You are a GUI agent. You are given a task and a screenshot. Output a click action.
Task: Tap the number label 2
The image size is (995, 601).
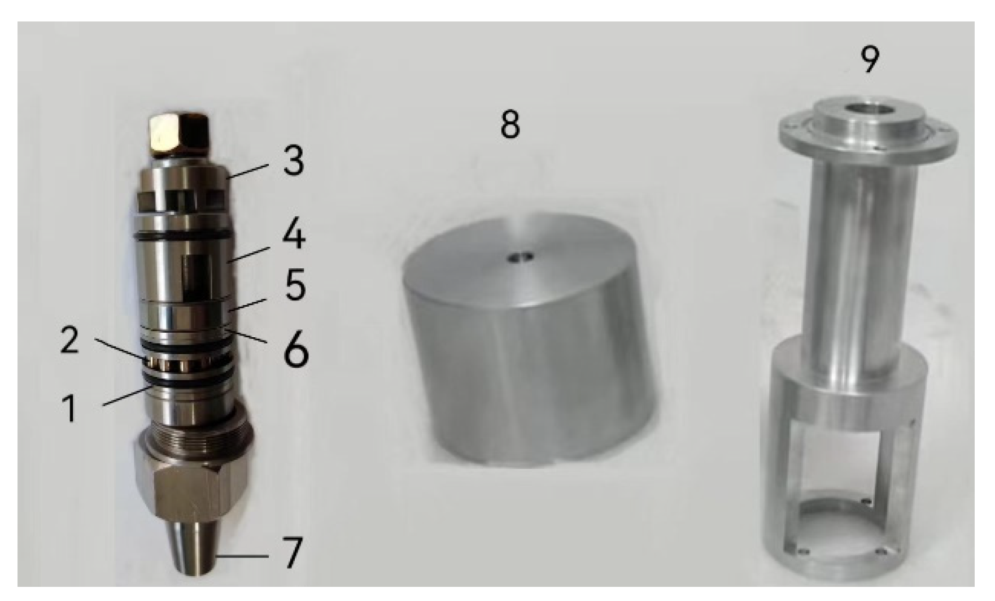click(x=69, y=341)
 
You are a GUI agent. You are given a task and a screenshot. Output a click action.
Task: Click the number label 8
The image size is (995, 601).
click(x=510, y=125)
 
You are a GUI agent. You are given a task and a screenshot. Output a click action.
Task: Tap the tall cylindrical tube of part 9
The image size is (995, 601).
click(x=853, y=249)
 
